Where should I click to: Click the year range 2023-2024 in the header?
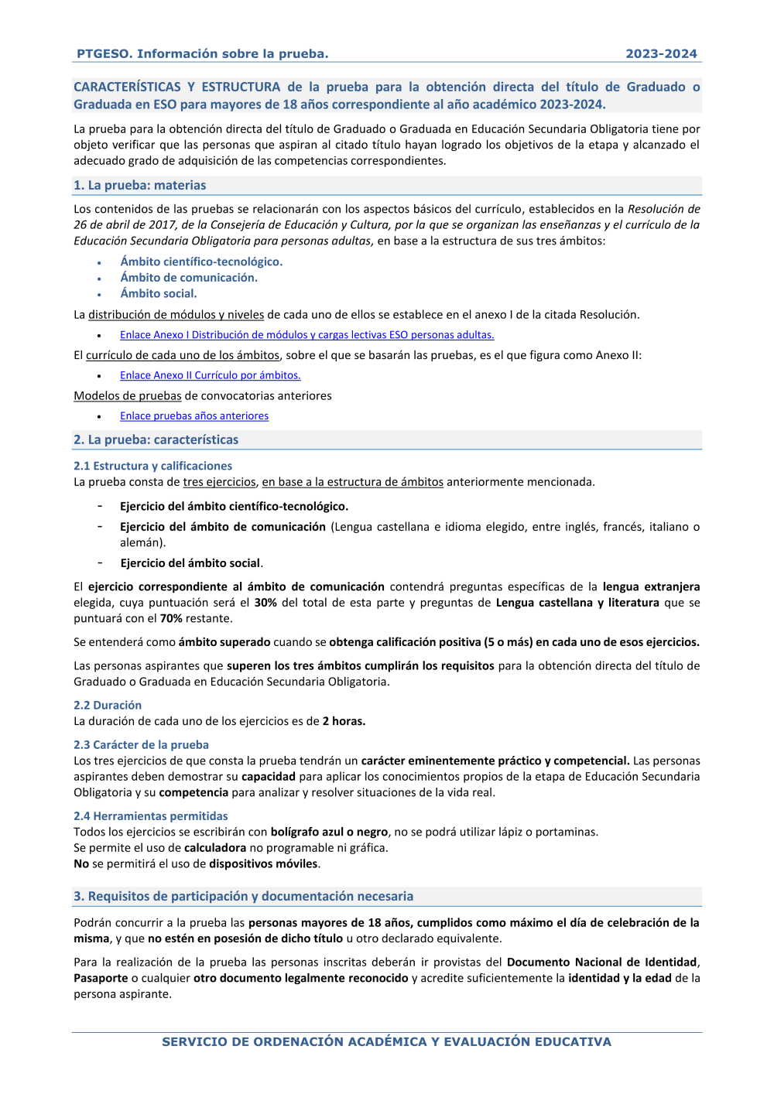click(x=661, y=53)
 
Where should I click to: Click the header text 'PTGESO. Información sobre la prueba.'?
click(x=202, y=53)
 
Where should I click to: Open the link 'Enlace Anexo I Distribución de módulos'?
click(x=307, y=335)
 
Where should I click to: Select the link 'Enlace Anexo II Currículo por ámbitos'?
click(x=210, y=375)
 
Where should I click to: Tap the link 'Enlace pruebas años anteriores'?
click(x=194, y=416)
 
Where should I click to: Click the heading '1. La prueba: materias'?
click(x=139, y=186)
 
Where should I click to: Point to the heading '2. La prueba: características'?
click(x=156, y=439)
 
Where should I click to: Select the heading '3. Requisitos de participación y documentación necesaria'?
click(x=243, y=896)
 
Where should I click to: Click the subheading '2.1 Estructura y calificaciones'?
click(x=152, y=466)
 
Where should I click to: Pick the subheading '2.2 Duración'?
click(x=108, y=705)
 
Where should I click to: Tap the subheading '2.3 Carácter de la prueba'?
click(x=141, y=744)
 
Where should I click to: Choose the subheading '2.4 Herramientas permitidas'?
click(x=150, y=816)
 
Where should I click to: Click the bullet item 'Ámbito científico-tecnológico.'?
click(x=201, y=262)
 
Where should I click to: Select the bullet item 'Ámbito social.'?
click(x=159, y=293)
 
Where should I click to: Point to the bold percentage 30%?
click(x=265, y=603)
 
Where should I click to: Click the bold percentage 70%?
click(x=171, y=618)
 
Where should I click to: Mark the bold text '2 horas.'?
click(x=344, y=721)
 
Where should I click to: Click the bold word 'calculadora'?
click(x=215, y=848)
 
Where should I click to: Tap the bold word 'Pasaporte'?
click(x=101, y=978)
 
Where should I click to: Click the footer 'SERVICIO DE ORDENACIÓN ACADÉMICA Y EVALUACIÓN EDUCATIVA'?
click(x=386, y=1041)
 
